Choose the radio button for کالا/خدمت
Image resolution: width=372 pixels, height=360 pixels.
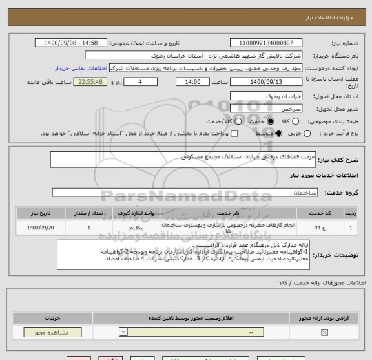pyautogui.click(x=211, y=122)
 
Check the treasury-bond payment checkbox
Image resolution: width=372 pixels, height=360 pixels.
pyautogui.click(x=234, y=133)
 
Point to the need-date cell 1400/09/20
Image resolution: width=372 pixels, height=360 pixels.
pyautogui.click(x=36, y=228)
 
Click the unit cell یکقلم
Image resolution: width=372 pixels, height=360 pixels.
pyautogui.click(x=136, y=228)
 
